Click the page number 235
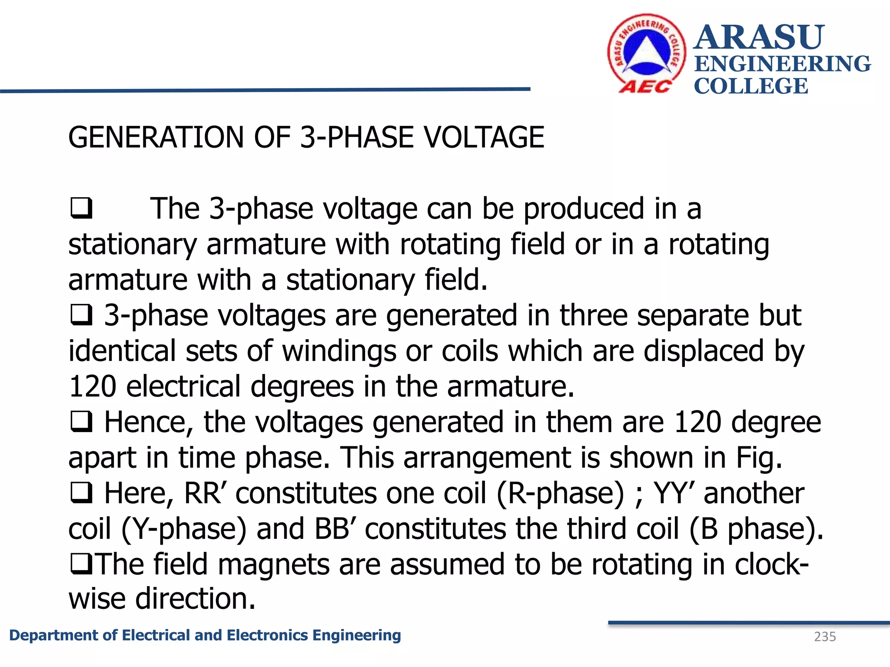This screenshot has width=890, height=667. (x=825, y=637)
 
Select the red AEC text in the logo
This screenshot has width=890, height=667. (x=645, y=87)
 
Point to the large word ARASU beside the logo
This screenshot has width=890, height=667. (x=759, y=37)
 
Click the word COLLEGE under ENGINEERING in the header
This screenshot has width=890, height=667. (x=751, y=86)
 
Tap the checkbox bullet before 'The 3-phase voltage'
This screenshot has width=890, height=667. (x=81, y=208)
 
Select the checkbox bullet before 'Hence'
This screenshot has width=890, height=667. (x=81, y=422)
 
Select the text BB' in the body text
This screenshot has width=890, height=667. (x=335, y=528)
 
